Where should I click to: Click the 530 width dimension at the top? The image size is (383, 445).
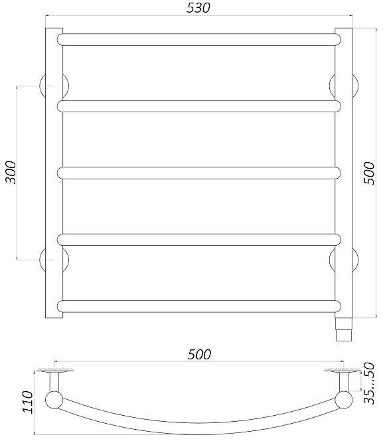(x=198, y=9)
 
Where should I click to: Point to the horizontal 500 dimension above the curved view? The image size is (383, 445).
(x=198, y=355)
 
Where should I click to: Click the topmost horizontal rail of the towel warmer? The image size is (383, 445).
(x=199, y=39)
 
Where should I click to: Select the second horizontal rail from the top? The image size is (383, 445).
(x=199, y=106)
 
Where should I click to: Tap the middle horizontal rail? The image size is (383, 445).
(x=199, y=173)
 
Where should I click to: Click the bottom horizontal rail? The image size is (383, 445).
(x=199, y=306)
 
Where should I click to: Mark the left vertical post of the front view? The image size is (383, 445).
(x=54, y=173)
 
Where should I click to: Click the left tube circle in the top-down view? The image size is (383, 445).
(x=53, y=400)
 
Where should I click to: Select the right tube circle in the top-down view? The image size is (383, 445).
(x=345, y=400)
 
